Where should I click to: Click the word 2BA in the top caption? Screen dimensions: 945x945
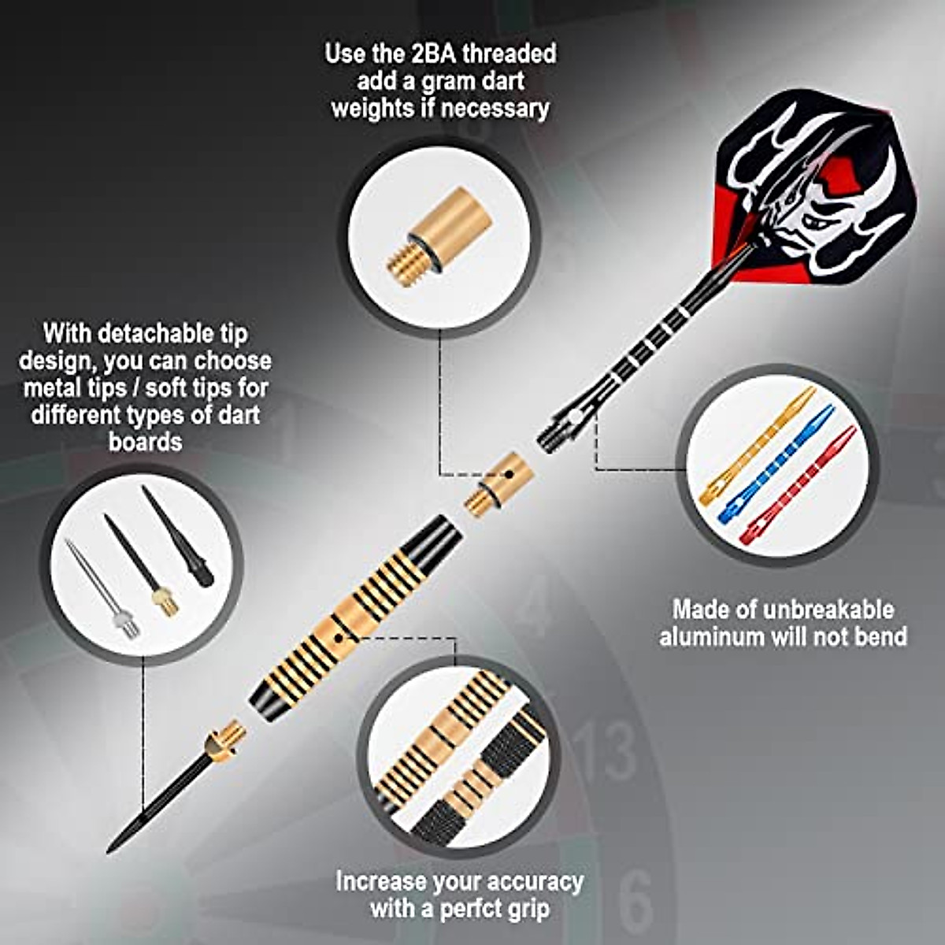pos(434,54)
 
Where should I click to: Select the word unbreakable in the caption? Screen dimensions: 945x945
pos(833,609)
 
